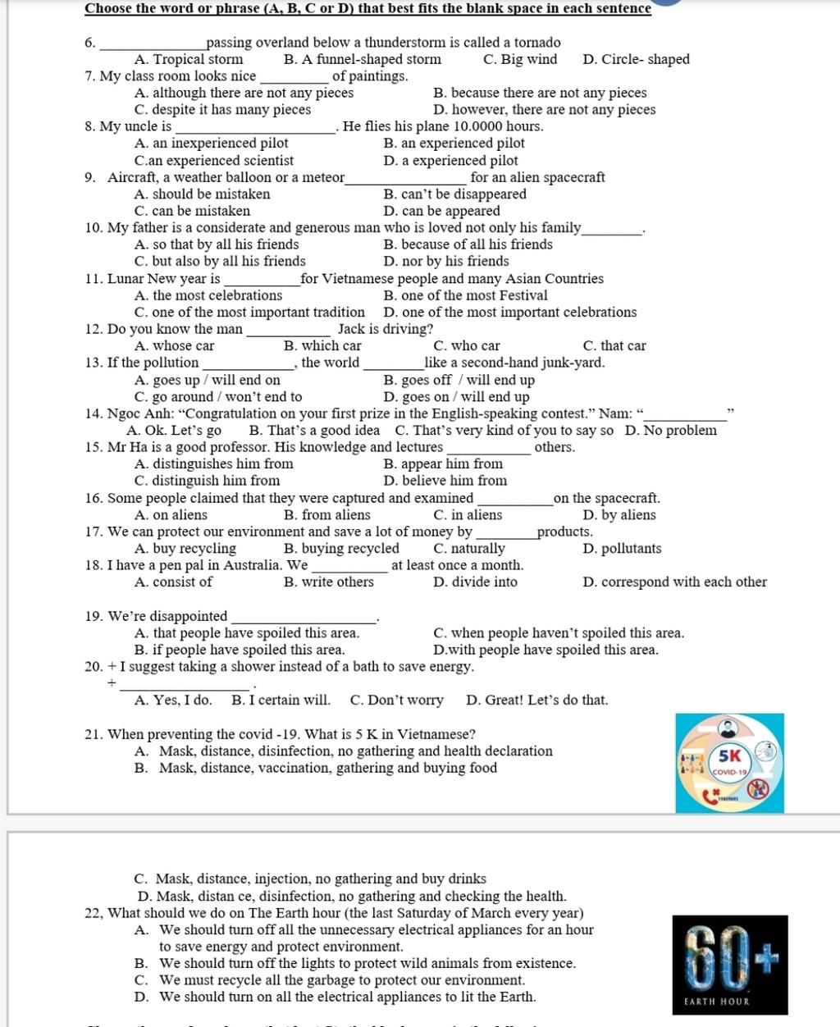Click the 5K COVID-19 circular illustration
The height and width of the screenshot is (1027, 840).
pos(729,763)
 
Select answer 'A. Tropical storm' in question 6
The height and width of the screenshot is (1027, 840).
pos(189,59)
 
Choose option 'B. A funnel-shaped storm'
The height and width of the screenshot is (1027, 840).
pos(362,59)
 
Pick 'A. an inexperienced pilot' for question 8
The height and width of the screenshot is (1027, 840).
pos(211,144)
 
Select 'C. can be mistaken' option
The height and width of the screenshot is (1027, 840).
pos(192,211)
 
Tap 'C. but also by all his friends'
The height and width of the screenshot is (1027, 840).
pos(220,262)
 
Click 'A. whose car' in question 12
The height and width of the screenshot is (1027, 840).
pos(174,346)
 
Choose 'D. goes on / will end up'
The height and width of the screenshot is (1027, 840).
pos(456,397)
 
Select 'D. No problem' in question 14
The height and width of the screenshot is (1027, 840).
pos(670,431)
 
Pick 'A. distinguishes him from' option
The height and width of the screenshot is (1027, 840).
pos(213,464)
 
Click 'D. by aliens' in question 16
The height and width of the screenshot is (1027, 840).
pos(619,515)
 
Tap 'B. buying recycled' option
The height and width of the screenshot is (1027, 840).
pos(341,549)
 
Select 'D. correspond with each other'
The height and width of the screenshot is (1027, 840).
pos(674,582)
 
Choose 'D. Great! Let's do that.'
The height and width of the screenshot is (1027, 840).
pos(536,701)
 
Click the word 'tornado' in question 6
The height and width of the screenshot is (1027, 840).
pos(535,43)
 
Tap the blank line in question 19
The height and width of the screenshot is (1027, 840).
pos(304,620)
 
